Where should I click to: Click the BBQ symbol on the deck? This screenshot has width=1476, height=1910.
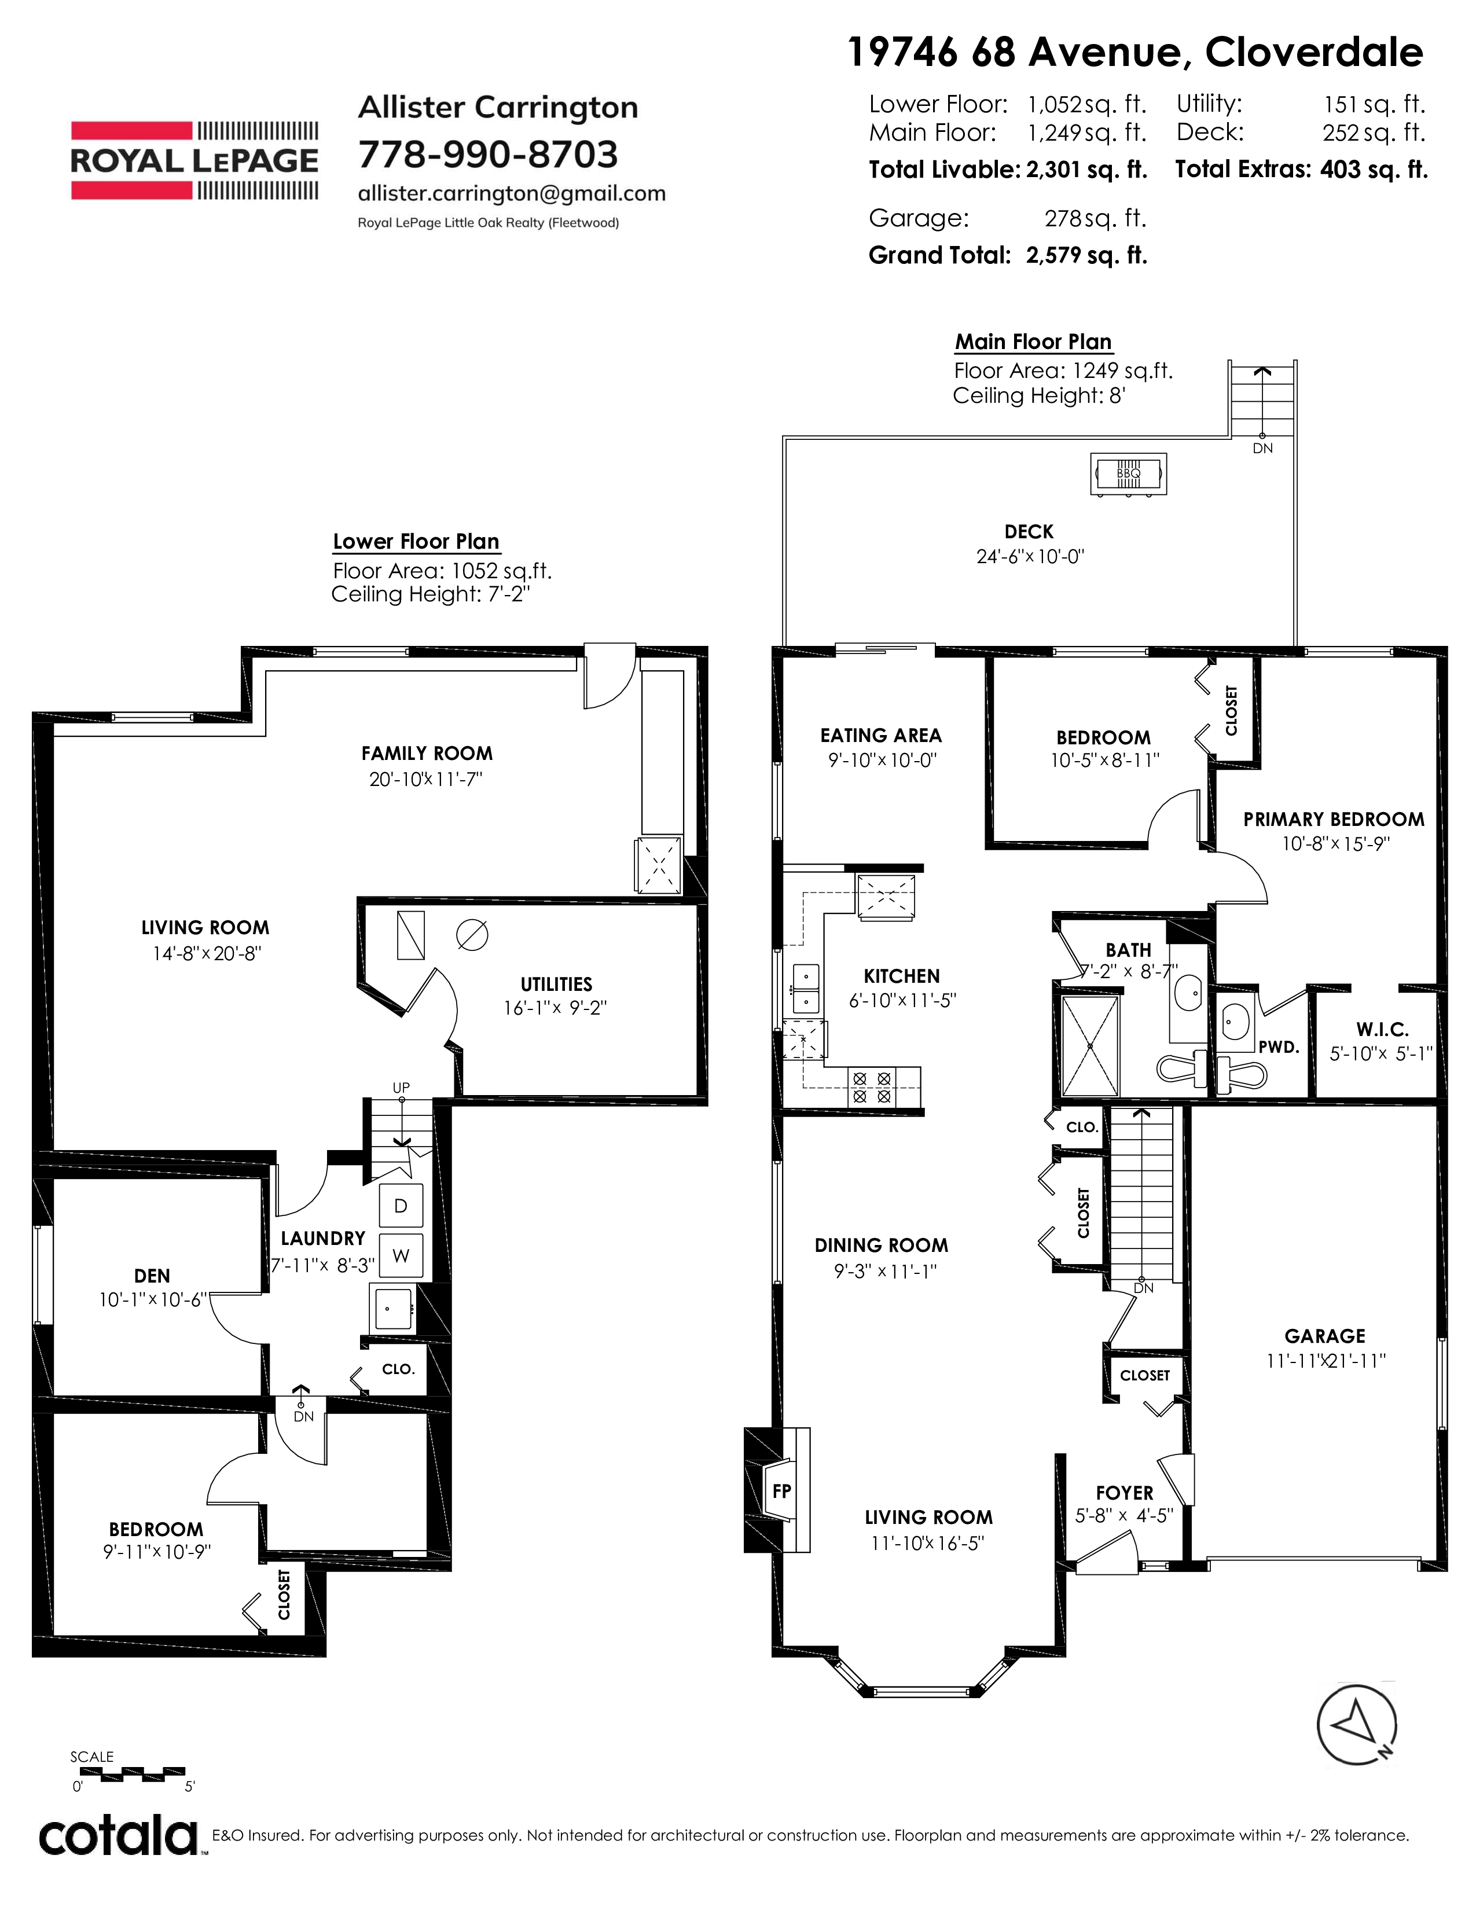coord(1128,474)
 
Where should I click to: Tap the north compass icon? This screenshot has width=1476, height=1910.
coord(1357,1724)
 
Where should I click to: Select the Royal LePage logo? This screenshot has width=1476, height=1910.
coord(194,161)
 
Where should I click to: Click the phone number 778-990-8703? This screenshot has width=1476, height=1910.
coord(488,155)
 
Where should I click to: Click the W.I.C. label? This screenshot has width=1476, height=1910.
coord(1382,1029)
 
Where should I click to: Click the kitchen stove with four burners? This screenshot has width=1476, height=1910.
coord(872,1087)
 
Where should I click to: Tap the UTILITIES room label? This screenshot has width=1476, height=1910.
coord(556,984)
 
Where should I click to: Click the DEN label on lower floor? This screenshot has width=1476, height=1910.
coord(152,1276)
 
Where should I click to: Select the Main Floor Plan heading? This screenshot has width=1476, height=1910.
coord(1033,342)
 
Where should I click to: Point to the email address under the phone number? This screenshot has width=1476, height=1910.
coord(512,194)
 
